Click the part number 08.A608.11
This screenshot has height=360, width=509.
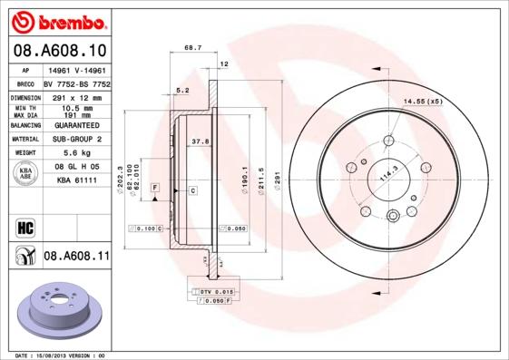click(76, 257)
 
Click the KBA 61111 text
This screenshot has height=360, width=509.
click(76, 180)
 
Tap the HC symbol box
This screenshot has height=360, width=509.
click(25, 226)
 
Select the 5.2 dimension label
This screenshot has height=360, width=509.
click(181, 90)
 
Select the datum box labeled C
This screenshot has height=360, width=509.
click(193, 190)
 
